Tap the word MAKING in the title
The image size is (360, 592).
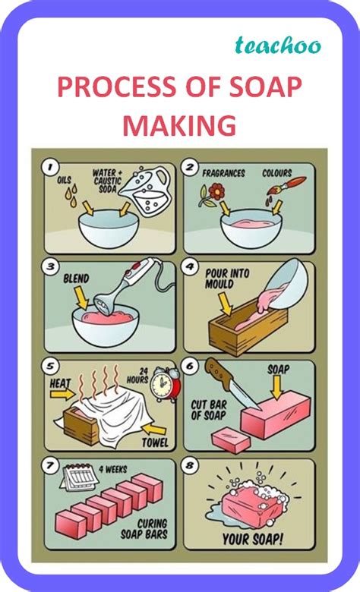tap(179, 124)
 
